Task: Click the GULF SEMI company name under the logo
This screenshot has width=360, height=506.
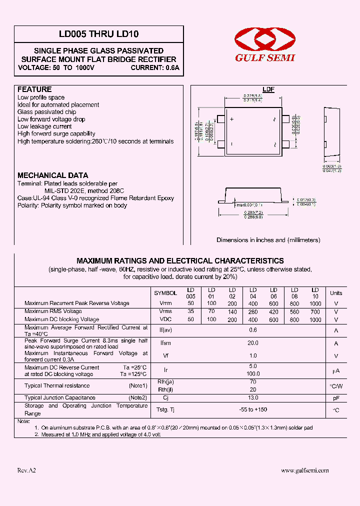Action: [265, 57]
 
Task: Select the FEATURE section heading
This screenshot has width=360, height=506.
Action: [34, 89]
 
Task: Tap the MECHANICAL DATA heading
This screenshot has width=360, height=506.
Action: [53, 175]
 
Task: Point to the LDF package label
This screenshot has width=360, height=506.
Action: [268, 89]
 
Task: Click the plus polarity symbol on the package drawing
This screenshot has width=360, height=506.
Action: [232, 120]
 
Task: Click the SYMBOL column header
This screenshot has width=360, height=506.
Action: [165, 293]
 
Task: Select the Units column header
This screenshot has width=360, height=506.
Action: [336, 293]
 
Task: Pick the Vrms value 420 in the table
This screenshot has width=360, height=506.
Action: [273, 311]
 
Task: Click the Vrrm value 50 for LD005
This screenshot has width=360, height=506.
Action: [190, 303]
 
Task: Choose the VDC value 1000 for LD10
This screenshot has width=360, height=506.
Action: [315, 319]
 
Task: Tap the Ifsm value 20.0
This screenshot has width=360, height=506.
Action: [253, 343]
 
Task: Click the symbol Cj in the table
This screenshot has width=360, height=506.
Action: [165, 398]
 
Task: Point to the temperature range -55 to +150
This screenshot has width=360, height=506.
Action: [253, 409]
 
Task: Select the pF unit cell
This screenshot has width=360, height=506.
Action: [336, 398]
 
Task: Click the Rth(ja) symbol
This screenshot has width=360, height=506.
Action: [165, 382]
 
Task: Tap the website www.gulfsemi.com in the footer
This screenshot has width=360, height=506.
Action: [305, 470]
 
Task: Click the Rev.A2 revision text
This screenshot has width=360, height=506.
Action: [26, 470]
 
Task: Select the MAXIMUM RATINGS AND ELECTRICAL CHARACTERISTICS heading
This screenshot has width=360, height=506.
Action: [180, 261]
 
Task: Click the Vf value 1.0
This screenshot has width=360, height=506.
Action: [253, 355]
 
